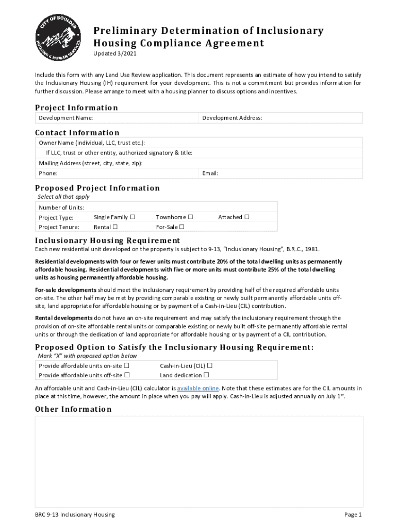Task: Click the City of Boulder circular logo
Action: tap(58, 36)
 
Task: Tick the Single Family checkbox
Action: tap(133, 217)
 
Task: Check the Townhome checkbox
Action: tap(191, 217)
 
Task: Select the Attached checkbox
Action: tap(247, 217)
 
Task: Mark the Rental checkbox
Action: tap(115, 227)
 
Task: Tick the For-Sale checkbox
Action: tap(182, 227)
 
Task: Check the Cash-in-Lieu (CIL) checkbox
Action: tap(210, 365)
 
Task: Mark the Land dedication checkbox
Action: tap(206, 375)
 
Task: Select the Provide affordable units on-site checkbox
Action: tap(127, 365)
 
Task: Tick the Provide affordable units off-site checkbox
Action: tap(127, 375)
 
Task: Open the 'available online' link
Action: tap(198, 388)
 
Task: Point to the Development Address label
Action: tap(232, 118)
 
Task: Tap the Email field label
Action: tap(210, 173)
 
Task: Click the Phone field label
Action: tap(48, 173)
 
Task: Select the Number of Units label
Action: tap(61, 207)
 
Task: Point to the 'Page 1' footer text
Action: tap(353, 515)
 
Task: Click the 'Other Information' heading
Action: tap(73, 409)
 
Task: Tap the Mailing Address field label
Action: tap(91, 163)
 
